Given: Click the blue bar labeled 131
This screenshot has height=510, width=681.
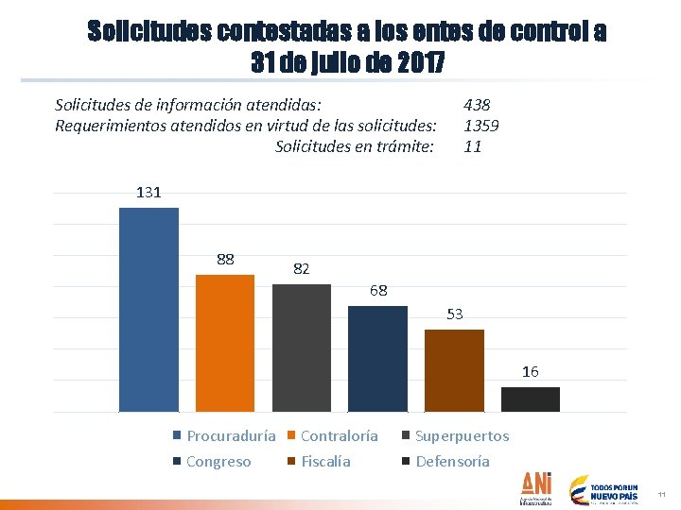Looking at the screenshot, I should [148, 310].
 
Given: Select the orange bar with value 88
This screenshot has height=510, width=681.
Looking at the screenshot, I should [225, 343].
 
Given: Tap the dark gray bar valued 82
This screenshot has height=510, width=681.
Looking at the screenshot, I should [302, 348].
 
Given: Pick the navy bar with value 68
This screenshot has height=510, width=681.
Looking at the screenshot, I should [377, 359].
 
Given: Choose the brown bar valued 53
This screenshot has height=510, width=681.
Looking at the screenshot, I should [454, 370].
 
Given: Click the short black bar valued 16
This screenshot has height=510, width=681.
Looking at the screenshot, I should [530, 399].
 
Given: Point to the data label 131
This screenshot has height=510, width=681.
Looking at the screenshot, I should [148, 193].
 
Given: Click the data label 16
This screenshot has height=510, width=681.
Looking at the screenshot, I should [531, 372].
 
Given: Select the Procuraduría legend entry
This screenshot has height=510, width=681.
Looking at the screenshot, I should [225, 436].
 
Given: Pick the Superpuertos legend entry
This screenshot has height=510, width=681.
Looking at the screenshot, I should [455, 436].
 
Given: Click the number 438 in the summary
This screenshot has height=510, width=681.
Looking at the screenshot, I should [477, 106].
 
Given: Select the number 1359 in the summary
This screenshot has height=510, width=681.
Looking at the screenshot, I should [481, 126].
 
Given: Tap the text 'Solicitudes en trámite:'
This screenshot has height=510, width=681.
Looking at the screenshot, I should [355, 146].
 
